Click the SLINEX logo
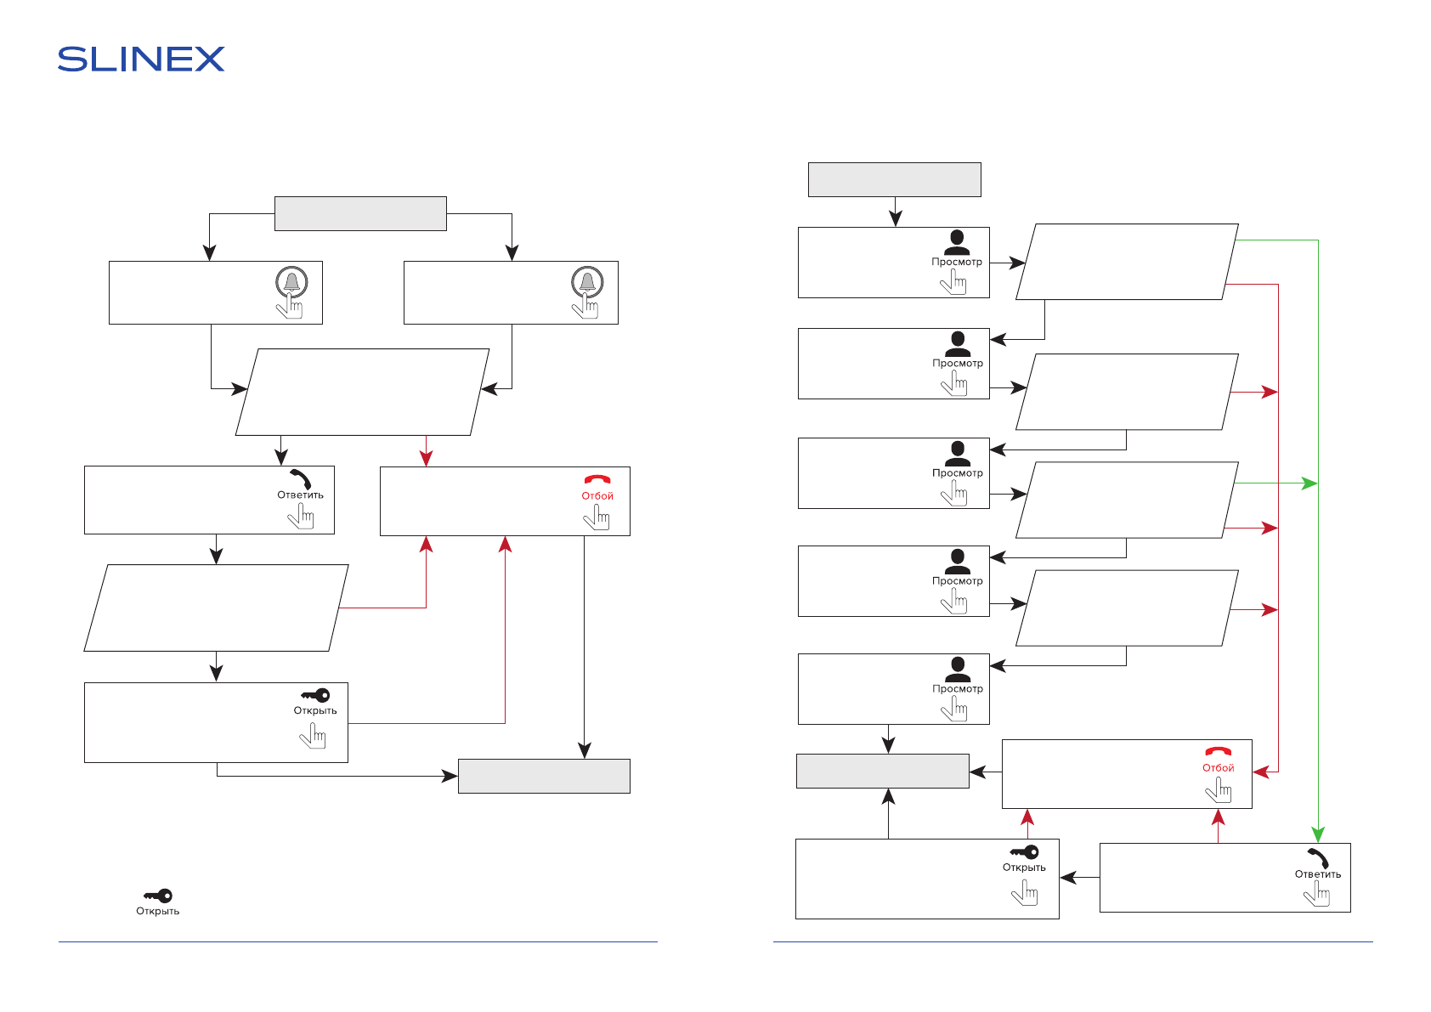tap(141, 59)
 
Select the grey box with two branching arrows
tap(360, 214)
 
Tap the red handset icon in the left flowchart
tap(597, 480)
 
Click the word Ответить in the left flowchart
tap(300, 495)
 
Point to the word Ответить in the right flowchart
tap(1317, 874)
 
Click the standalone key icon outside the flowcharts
tap(158, 896)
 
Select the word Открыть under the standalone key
tap(158, 912)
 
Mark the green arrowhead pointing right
tap(1309, 483)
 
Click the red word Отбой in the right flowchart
tap(1218, 768)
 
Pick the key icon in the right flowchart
tap(1024, 852)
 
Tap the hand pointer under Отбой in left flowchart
tap(598, 517)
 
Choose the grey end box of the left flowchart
tap(544, 776)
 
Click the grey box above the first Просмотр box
tap(894, 179)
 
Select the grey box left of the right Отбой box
tap(882, 771)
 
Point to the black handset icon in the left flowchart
tap(300, 478)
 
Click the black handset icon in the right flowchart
tap(1317, 857)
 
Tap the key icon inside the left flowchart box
tap(315, 695)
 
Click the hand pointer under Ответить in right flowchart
tap(1317, 894)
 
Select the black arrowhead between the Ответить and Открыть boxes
tap(1068, 879)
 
